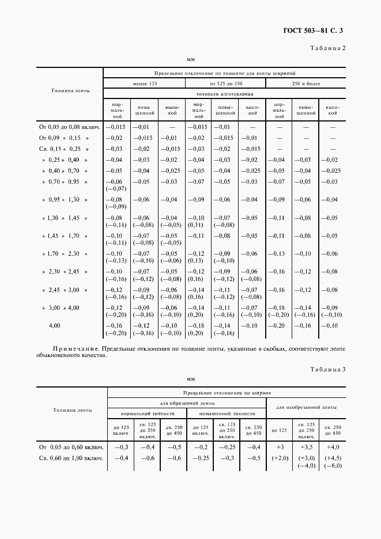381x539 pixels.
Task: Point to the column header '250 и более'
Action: click(x=307, y=84)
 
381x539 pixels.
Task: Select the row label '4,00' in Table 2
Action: click(x=55, y=326)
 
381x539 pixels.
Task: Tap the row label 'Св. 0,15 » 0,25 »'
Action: click(x=65, y=149)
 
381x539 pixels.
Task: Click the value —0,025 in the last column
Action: click(x=330, y=170)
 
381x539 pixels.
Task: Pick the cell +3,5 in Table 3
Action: click(x=307, y=447)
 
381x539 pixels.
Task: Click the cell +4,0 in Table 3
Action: click(x=334, y=447)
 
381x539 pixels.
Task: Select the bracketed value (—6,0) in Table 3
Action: click(x=334, y=466)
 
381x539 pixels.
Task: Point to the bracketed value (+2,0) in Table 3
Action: click(x=280, y=458)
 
